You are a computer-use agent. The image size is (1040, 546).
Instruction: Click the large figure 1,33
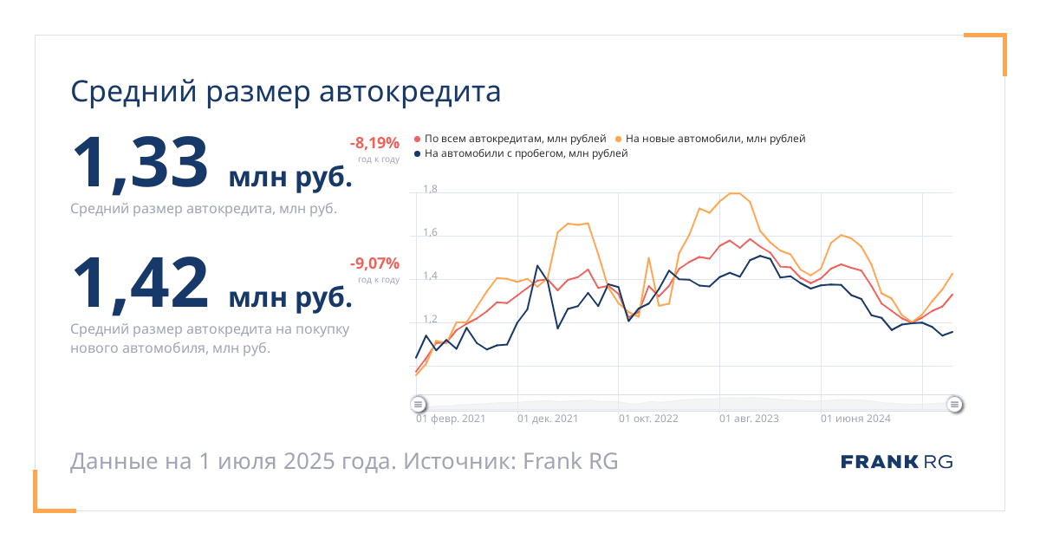[x=140, y=164]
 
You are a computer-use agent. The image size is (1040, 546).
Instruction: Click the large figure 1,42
[x=140, y=283]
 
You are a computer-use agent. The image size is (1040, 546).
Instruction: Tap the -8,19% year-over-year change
[x=374, y=143]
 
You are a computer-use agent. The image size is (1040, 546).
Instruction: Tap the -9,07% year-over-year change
[x=374, y=263]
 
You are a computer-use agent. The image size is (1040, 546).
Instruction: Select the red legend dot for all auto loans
[x=417, y=139]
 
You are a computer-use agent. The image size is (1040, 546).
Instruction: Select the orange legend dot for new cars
[x=618, y=139]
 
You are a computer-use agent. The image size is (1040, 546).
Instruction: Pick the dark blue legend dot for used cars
[x=417, y=153]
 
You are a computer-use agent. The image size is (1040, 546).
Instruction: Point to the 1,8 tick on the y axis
[x=430, y=189]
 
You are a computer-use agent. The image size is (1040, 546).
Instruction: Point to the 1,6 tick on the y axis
[x=430, y=232]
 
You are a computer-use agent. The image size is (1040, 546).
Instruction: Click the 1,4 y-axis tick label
[x=430, y=276]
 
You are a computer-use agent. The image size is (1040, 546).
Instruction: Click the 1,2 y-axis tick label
[x=430, y=319]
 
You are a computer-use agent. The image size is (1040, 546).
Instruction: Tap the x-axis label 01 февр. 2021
[x=451, y=419]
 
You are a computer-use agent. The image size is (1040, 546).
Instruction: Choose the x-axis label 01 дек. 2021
[x=548, y=419]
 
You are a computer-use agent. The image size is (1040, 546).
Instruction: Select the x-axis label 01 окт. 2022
[x=648, y=419]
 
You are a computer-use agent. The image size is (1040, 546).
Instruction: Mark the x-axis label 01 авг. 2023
[x=749, y=419]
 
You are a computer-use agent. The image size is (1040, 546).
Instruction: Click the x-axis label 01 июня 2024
[x=855, y=419]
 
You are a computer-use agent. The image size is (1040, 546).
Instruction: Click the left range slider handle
[x=419, y=405]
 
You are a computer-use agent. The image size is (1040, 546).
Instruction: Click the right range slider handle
[x=954, y=405]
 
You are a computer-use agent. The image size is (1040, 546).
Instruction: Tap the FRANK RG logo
[x=896, y=462]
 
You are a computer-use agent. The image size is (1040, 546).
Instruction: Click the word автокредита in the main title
[x=410, y=92]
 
